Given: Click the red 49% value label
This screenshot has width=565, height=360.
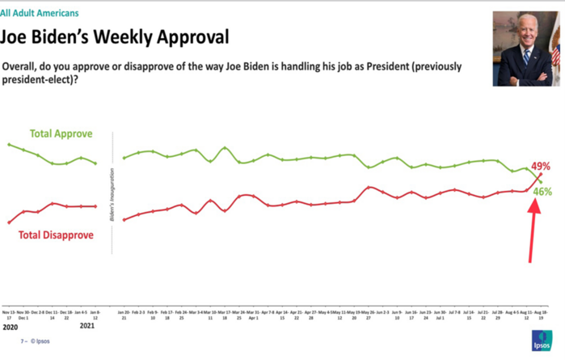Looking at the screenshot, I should (x=541, y=166).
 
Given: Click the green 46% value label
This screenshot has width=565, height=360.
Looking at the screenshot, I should (x=542, y=192).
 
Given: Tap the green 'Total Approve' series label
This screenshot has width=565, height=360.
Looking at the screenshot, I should (x=61, y=133).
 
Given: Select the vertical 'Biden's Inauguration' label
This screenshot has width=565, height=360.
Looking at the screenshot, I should (x=112, y=190).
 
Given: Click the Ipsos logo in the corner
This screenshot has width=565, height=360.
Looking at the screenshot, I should (x=542, y=341).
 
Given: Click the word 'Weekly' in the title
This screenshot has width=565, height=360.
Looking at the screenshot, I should (x=127, y=37).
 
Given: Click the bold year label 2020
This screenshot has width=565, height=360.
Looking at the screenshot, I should (x=10, y=327).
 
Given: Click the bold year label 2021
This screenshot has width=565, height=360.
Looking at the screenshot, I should (x=87, y=327).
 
